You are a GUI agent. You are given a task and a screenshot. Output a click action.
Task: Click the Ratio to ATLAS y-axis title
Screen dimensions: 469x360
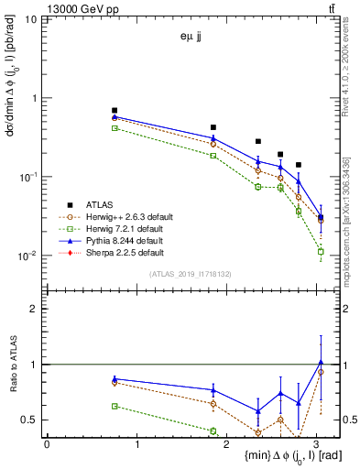13,365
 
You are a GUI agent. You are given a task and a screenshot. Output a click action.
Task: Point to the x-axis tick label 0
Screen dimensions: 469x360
47,443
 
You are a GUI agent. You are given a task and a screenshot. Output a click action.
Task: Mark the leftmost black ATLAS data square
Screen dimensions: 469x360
115,110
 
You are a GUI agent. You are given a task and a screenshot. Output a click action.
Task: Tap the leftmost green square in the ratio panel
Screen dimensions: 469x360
115,406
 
